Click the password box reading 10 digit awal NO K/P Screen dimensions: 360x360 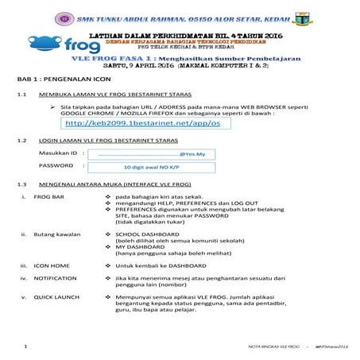[x=148, y=167]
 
